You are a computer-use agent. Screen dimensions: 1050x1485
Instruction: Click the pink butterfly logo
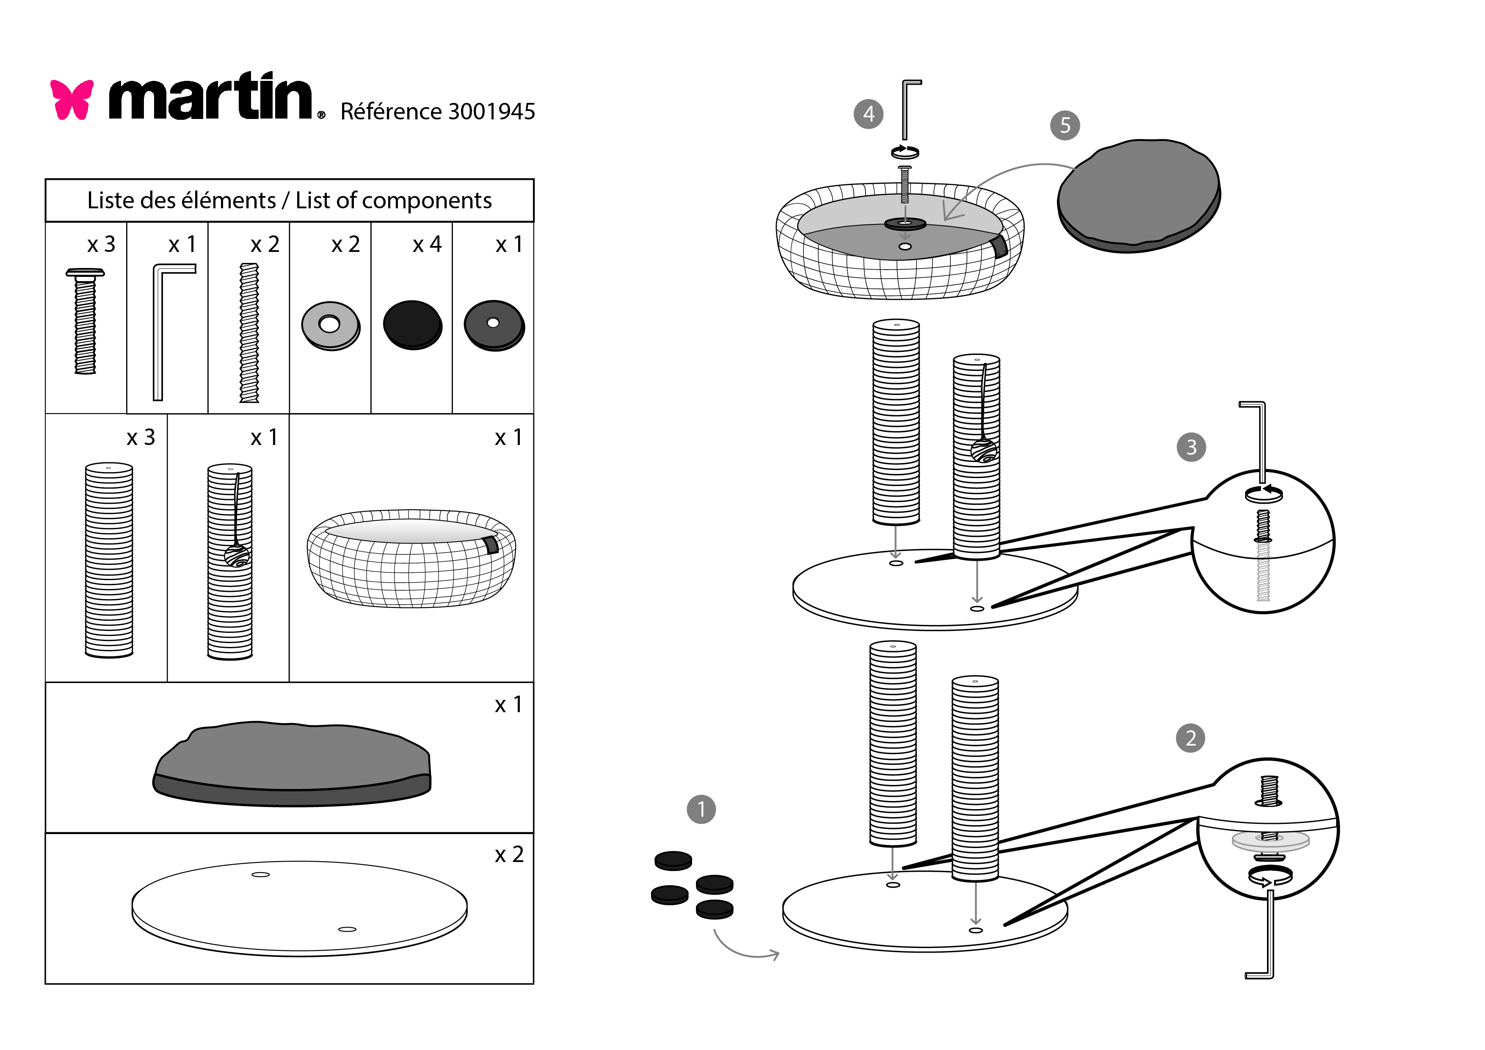pyautogui.click(x=72, y=99)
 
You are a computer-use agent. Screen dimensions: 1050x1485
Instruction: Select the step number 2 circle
pyautogui.click(x=1190, y=738)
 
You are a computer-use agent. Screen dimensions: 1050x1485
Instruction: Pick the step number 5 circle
pyautogui.click(x=1065, y=125)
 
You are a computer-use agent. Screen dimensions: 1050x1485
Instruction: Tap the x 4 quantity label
pyautogui.click(x=427, y=245)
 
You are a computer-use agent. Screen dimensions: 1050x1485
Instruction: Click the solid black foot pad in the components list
pyautogui.click(x=412, y=325)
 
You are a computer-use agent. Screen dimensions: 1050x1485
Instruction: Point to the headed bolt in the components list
pyautogui.click(x=85, y=321)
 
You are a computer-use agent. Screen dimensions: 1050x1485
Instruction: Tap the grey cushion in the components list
pyautogui.click(x=292, y=763)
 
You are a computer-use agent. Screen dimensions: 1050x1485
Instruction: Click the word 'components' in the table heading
pyautogui.click(x=426, y=201)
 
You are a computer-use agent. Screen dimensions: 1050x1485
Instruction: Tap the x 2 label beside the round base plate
pyautogui.click(x=509, y=855)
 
